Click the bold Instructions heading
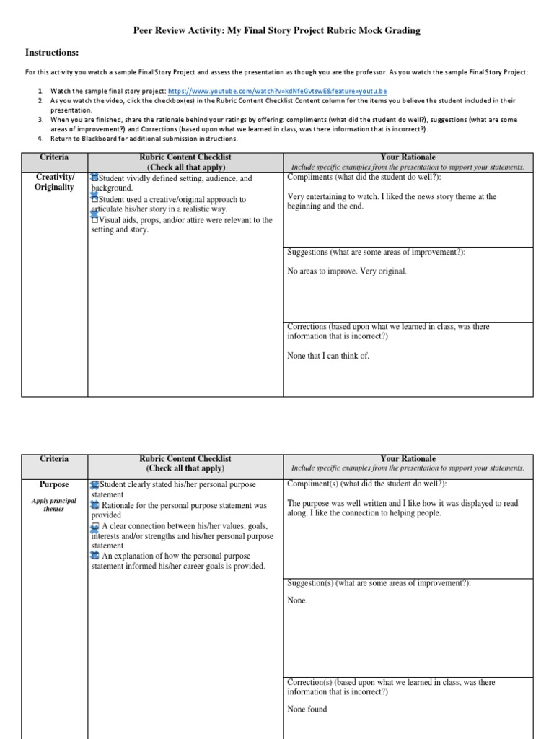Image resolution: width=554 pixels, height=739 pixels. [x=52, y=53]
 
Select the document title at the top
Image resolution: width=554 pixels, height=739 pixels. [x=276, y=31]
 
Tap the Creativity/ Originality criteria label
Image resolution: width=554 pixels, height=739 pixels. [x=54, y=183]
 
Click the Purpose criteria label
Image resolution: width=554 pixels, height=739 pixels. [x=54, y=485]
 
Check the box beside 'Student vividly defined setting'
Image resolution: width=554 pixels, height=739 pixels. [x=94, y=178]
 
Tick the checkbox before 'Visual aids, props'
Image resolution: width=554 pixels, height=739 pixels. [x=94, y=219]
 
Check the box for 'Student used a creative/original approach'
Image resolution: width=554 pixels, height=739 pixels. [x=94, y=198]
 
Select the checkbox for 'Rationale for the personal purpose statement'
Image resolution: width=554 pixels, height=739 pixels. [x=94, y=505]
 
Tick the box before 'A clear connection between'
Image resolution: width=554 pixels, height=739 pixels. [x=94, y=525]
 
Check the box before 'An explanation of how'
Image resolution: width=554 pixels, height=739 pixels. [x=94, y=556]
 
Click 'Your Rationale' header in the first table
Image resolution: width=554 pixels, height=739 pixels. [x=408, y=157]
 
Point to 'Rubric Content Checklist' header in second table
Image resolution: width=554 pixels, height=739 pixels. [x=186, y=458]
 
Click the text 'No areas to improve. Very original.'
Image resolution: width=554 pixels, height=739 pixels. [x=347, y=271]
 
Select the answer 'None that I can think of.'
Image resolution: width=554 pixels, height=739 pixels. [x=328, y=355]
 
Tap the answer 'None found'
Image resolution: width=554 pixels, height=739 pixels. [x=307, y=709]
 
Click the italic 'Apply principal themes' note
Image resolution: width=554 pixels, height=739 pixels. [x=54, y=504]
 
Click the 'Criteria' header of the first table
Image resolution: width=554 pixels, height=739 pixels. [x=55, y=157]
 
